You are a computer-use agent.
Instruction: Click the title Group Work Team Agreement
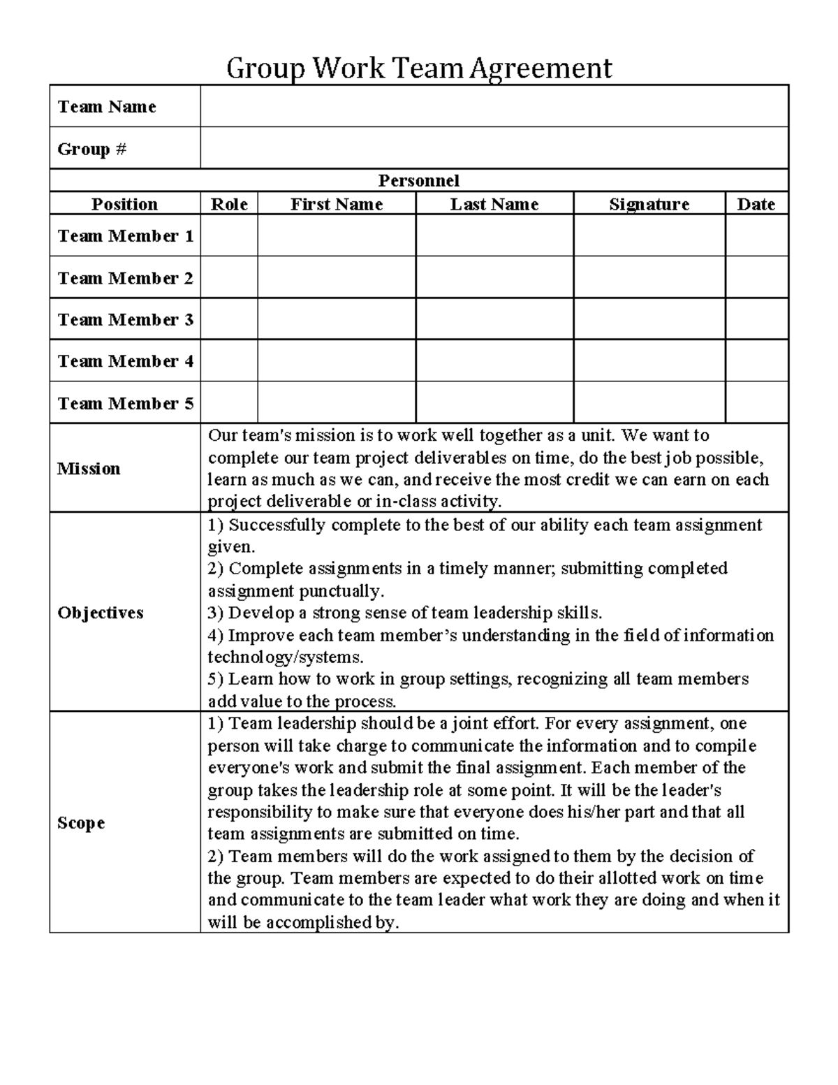point(419,68)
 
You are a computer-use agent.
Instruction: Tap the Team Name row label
point(107,107)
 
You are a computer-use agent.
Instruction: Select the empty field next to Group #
point(494,148)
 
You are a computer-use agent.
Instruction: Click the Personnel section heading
point(418,181)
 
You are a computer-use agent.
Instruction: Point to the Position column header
point(124,204)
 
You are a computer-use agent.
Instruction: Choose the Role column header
point(229,204)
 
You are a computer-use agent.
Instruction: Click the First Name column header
point(336,204)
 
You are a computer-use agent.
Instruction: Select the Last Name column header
point(494,204)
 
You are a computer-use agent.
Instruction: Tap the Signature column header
point(649,204)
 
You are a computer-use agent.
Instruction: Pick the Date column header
point(756,204)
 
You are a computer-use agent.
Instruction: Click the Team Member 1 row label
point(125,236)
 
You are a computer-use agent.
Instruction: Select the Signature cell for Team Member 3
point(649,319)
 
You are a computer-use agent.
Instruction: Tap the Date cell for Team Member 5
point(756,402)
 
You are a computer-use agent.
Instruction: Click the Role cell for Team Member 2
point(229,277)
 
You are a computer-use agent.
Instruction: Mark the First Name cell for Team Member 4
point(336,361)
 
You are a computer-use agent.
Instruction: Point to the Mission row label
point(89,469)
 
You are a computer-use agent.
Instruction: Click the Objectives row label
point(101,613)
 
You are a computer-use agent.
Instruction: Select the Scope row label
point(81,823)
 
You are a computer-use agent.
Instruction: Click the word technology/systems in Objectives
point(285,657)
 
